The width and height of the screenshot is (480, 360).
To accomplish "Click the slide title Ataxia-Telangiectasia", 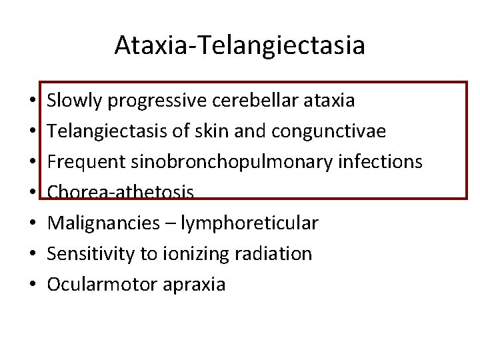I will (239, 45).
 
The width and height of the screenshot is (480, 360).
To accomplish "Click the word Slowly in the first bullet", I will (74, 101).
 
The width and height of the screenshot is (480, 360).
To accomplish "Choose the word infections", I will (387, 162).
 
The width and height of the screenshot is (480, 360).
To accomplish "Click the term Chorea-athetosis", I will (121, 193).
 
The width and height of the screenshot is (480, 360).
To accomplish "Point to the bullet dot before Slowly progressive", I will (32, 101).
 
